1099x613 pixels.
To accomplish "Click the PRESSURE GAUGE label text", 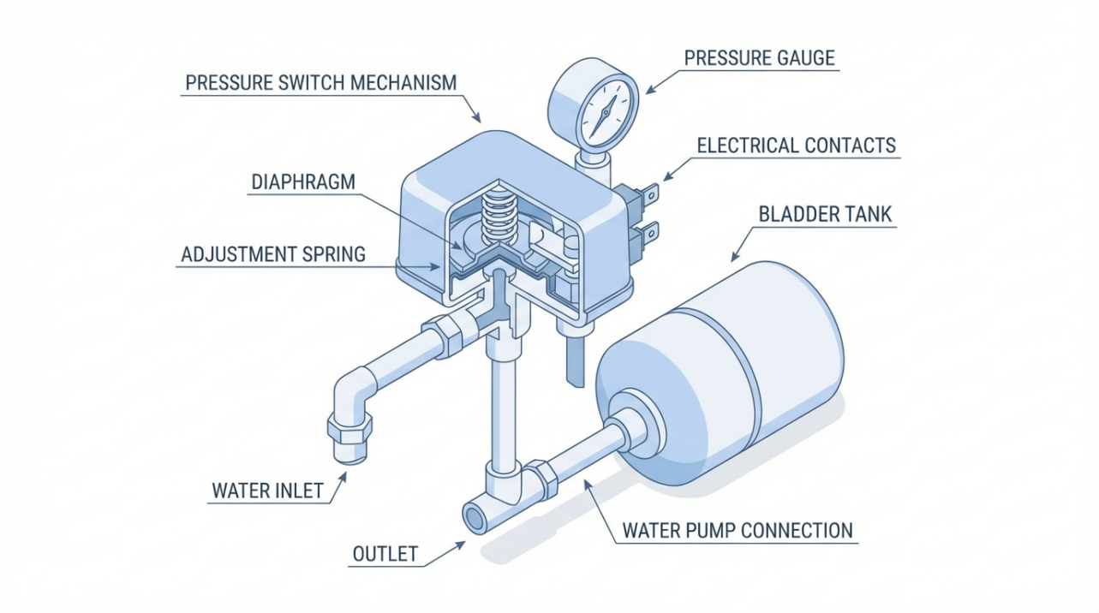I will [759, 58].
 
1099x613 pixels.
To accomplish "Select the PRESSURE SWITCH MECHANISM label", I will [320, 83].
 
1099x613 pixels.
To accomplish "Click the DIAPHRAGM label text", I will [302, 182].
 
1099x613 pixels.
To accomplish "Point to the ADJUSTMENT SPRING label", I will [273, 254].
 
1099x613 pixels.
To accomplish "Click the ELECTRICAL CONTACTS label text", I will [796, 145].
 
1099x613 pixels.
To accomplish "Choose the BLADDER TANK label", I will [825, 214].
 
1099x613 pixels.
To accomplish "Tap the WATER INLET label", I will [267, 491].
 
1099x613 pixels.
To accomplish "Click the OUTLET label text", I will [385, 554].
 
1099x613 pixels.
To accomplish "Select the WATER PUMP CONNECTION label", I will [738, 530].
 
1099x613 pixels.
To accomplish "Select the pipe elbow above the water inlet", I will [354, 391].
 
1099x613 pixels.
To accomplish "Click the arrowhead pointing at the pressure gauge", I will [648, 89].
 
